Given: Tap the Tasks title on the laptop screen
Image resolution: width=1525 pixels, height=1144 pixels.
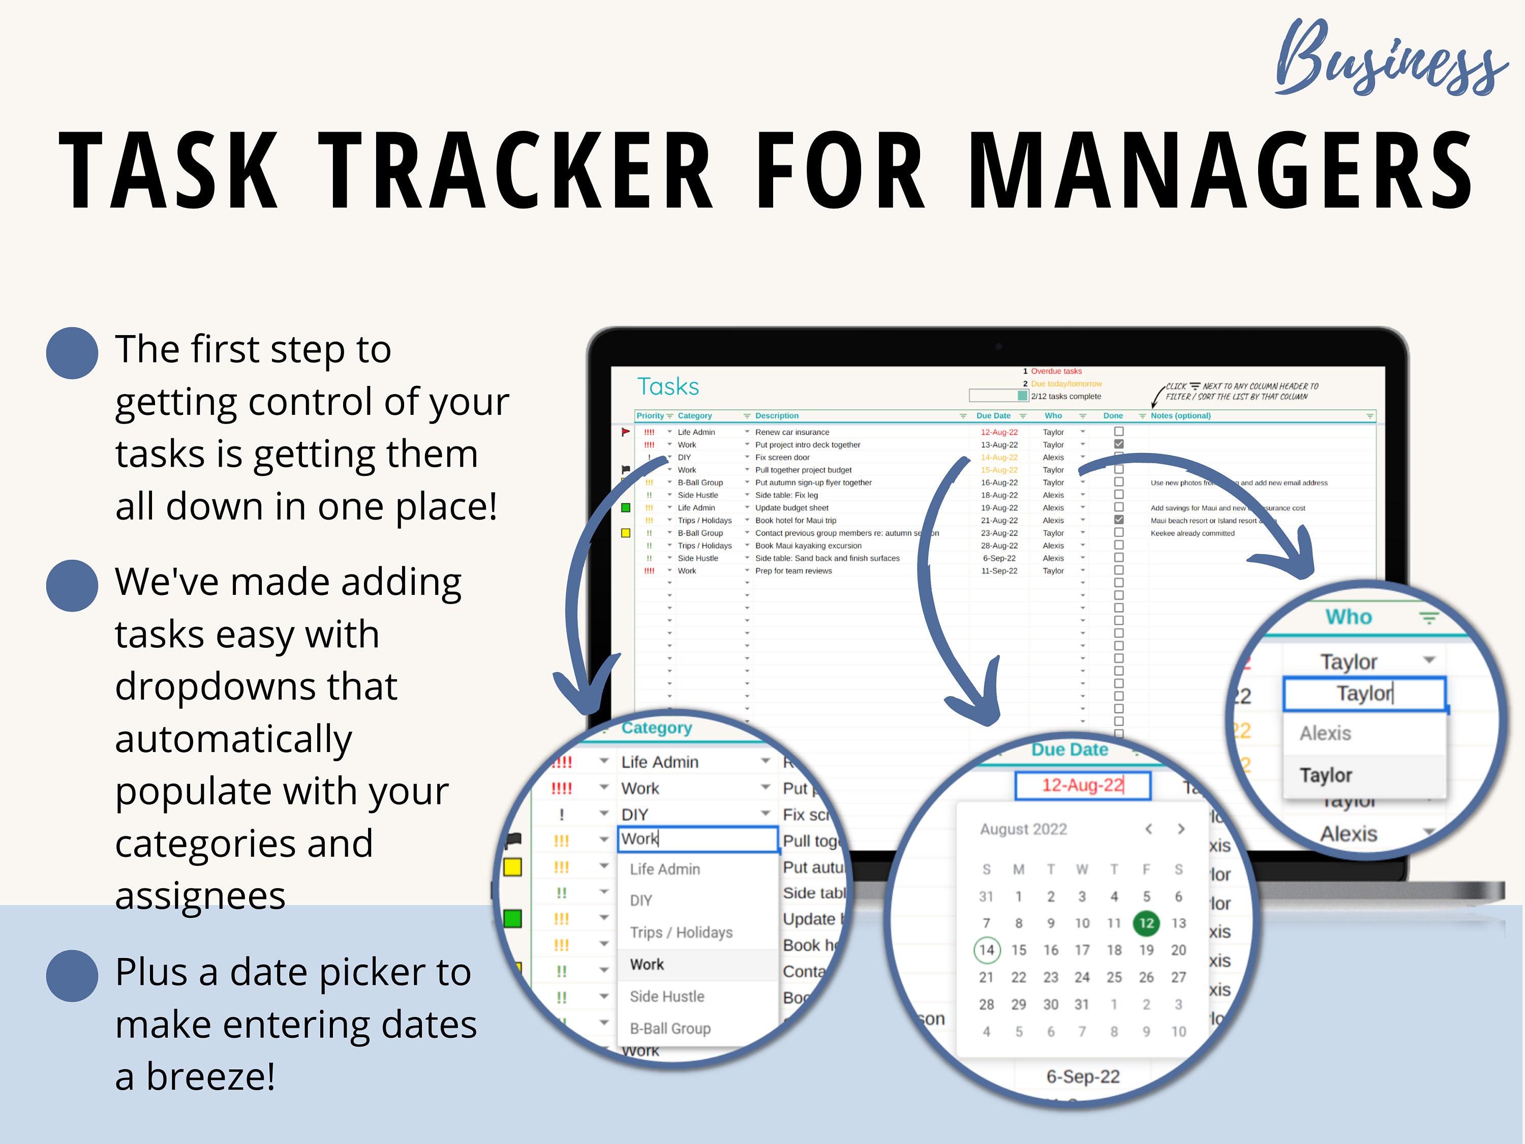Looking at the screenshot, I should (x=667, y=387).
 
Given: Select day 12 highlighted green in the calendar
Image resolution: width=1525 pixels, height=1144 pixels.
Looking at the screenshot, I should (x=1146, y=923).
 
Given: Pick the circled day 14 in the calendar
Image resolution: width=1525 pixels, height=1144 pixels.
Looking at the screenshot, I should (x=987, y=950).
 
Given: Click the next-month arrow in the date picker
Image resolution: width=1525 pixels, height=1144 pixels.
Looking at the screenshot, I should (x=1181, y=829).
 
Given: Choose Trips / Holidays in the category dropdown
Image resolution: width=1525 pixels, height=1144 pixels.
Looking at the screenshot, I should (x=681, y=932).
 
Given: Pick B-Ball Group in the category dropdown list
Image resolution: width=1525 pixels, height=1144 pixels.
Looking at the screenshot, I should (x=670, y=1028).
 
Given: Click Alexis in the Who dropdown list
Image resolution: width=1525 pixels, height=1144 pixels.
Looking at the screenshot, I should (x=1325, y=733).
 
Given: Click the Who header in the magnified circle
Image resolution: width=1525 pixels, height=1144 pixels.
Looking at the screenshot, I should (x=1349, y=616).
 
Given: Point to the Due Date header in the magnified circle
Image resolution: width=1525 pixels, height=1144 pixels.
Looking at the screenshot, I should (x=1070, y=749).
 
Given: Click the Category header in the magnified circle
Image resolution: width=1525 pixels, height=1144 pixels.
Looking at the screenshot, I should (x=656, y=728).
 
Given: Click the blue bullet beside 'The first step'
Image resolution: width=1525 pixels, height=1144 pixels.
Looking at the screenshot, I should (x=72, y=353).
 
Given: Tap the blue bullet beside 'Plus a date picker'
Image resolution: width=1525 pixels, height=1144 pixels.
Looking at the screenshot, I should (x=72, y=976).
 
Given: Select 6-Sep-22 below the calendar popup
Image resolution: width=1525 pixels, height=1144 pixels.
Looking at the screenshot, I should (x=1082, y=1076).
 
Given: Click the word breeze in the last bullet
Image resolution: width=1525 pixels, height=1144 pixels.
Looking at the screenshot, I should (x=210, y=1076).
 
